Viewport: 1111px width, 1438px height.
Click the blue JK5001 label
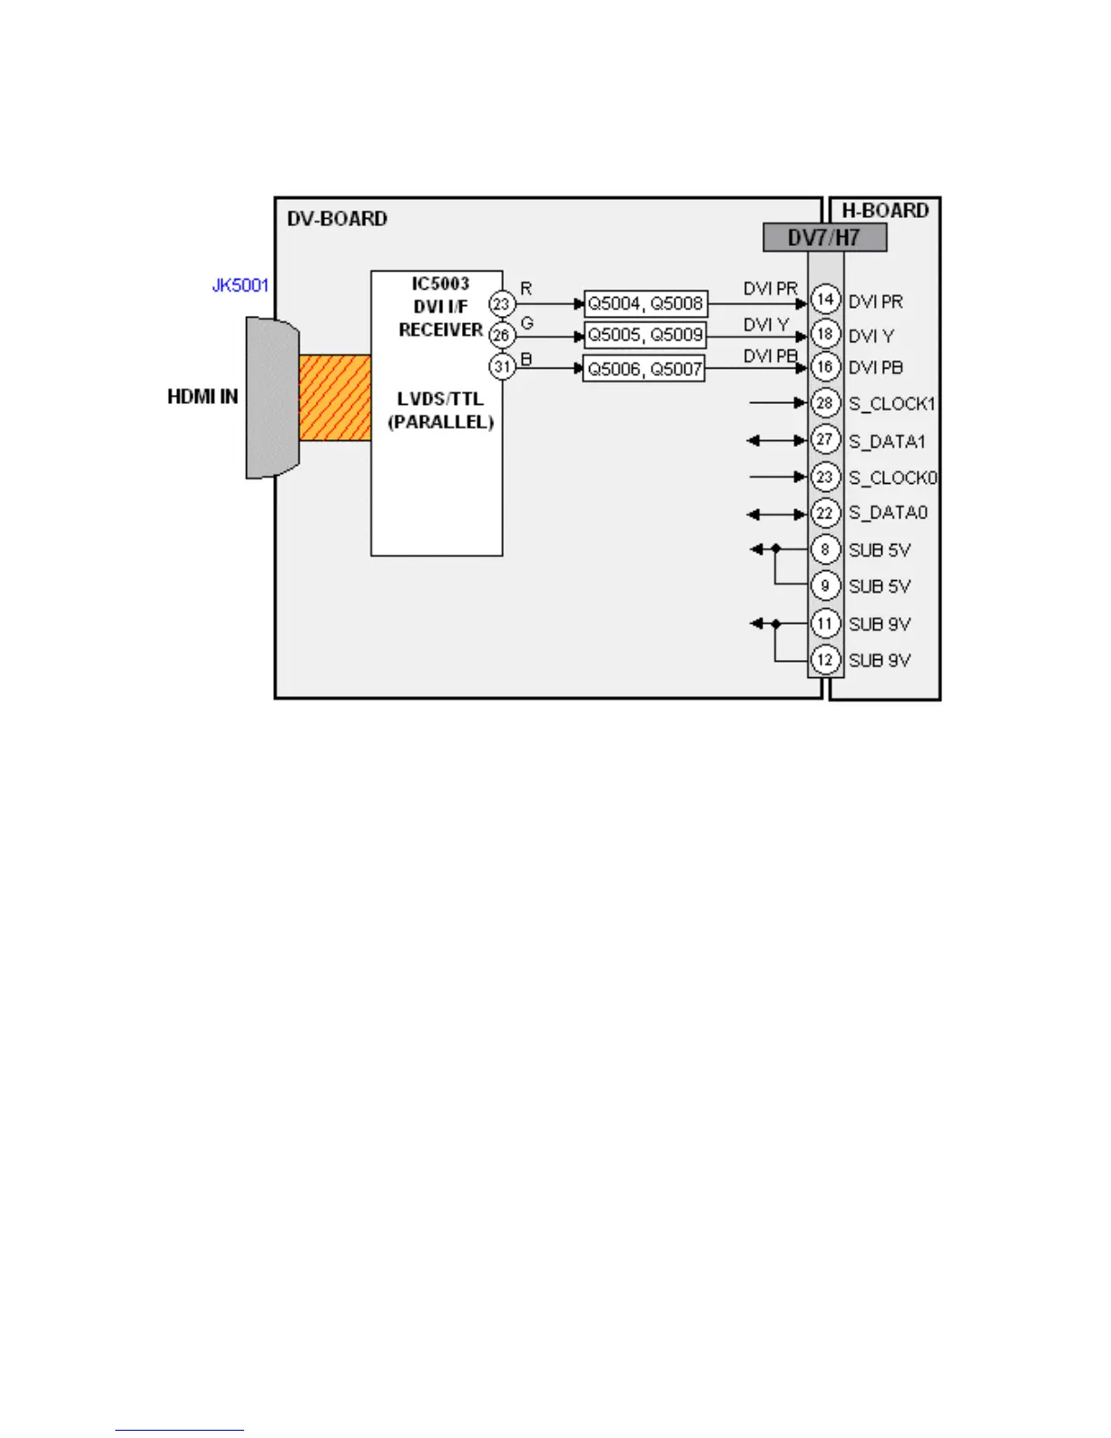[240, 285]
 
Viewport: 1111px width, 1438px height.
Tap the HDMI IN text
[202, 397]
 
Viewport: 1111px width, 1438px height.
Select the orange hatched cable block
[335, 398]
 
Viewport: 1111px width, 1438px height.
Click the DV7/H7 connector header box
[824, 238]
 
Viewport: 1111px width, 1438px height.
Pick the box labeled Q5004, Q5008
[644, 303]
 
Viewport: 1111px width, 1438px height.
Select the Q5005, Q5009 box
[644, 335]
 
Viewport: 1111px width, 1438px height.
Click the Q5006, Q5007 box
[644, 368]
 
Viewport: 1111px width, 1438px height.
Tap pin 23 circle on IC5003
[501, 303]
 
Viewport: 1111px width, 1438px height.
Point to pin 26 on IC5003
[501, 335]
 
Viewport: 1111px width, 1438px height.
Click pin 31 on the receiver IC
[502, 367]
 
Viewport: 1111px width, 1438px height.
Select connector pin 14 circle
[825, 299]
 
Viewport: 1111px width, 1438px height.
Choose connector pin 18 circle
[825, 333]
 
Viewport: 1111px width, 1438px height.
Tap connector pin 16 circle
[825, 367]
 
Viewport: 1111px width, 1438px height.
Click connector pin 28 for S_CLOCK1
[825, 402]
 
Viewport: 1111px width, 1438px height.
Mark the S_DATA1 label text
[887, 441]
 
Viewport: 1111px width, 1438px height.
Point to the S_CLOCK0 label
[892, 478]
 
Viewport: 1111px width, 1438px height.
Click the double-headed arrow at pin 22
[776, 515]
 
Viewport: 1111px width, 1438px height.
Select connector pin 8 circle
[825, 549]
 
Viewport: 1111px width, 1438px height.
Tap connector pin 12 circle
[825, 660]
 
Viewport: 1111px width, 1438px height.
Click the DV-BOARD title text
[337, 219]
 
